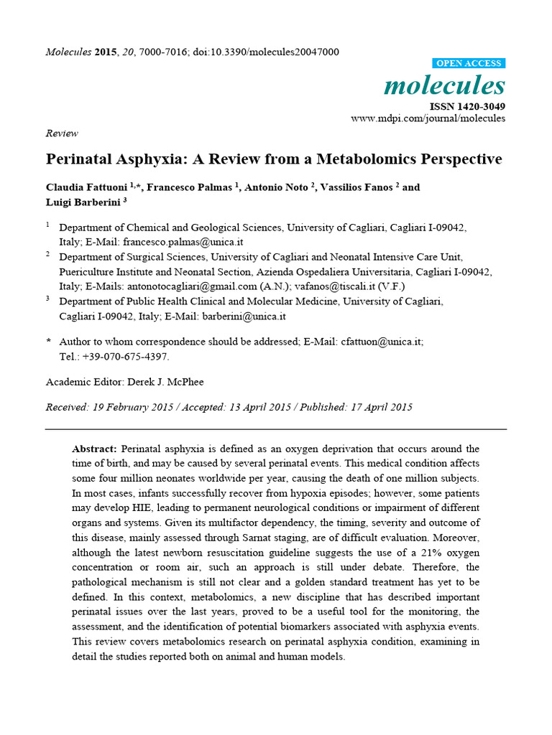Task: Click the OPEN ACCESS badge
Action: pos(470,63)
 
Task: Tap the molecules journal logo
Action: pos(444,85)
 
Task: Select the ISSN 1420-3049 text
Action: pos(467,106)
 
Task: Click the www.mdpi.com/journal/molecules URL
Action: pos(428,118)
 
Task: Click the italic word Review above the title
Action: pos(62,134)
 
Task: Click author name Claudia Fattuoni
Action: pos(86,187)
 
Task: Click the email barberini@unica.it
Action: pos(244,316)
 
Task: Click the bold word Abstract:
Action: pos(95,449)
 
